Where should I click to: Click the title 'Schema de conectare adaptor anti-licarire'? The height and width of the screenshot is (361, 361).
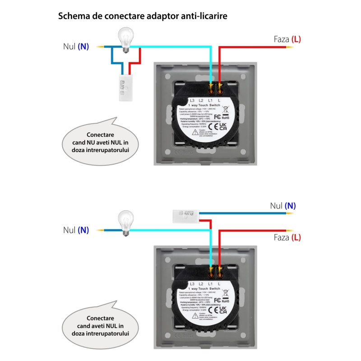point(142,16)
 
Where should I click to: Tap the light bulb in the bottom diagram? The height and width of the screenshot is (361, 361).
point(126,222)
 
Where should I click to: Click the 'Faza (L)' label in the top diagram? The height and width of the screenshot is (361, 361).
point(287,39)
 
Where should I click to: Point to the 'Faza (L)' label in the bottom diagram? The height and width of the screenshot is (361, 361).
point(287,237)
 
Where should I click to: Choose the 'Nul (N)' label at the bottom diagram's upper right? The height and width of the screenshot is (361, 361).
point(283,206)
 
